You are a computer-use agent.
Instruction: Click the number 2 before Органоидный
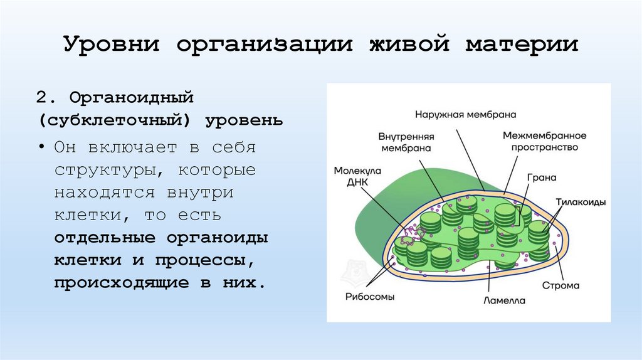coord(41,98)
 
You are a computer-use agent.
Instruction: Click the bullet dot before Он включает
coord(41,149)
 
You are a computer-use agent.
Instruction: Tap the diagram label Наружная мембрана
coord(465,115)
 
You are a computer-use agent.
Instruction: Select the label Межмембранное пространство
coord(544,141)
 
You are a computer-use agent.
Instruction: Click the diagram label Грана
coord(541,177)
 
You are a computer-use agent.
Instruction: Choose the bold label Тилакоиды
coord(580,202)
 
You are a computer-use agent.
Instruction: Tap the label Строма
coord(561,286)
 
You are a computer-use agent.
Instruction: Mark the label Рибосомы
coord(369,297)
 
